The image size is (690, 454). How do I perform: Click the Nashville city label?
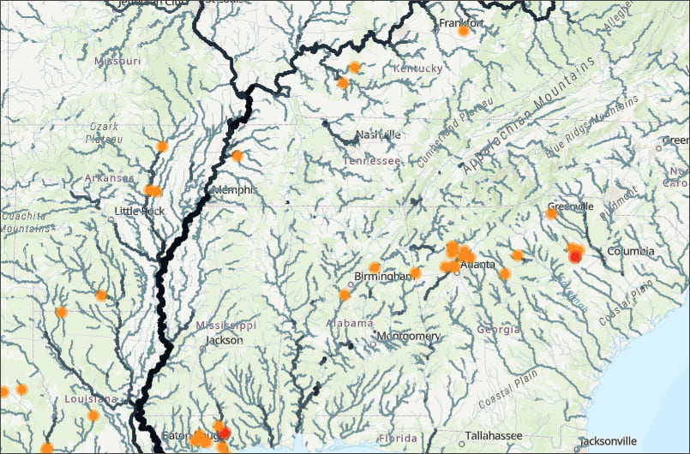point(378,134)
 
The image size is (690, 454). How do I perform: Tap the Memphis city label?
point(234,190)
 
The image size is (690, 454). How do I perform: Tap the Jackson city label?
point(225,340)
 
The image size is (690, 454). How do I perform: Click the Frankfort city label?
point(462,22)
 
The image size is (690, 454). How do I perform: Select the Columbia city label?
point(631,251)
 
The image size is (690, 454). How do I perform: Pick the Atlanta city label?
point(477,265)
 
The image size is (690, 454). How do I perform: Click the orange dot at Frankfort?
point(464,31)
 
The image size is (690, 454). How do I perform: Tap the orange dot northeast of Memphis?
point(237,156)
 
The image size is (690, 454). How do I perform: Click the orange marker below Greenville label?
point(552,213)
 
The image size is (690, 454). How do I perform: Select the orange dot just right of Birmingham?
point(416,272)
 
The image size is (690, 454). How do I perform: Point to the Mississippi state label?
point(226,326)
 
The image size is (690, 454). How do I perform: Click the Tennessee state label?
point(371,161)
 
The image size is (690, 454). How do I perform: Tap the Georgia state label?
point(498,330)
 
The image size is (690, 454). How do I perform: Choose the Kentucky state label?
point(417,69)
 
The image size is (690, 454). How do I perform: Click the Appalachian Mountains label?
point(530,120)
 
